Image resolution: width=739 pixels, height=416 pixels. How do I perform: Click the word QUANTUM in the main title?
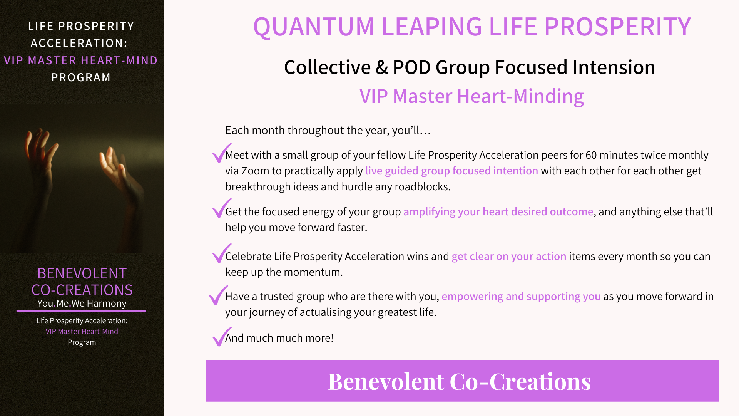(314, 27)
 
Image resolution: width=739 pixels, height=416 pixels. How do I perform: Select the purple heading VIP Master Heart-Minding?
(471, 96)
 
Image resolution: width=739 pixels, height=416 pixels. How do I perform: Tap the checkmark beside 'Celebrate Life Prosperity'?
(222, 253)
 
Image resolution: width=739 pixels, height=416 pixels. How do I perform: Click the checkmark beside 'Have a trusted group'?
(219, 295)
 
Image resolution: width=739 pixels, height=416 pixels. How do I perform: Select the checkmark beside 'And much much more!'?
(222, 336)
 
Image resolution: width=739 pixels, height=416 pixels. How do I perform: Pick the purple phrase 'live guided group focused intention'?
(451, 171)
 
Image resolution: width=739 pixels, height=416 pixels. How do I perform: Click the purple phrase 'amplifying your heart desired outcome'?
(498, 212)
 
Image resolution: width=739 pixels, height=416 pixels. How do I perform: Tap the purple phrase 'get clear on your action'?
(509, 257)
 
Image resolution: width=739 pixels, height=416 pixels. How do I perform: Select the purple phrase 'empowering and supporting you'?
(521, 297)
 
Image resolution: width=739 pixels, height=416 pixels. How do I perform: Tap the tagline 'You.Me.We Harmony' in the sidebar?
(82, 304)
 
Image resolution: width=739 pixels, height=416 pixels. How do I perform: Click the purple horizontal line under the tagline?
(81, 311)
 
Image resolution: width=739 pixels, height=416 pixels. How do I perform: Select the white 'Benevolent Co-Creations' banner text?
(459, 382)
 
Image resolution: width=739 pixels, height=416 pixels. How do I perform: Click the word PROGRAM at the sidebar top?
(81, 77)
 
